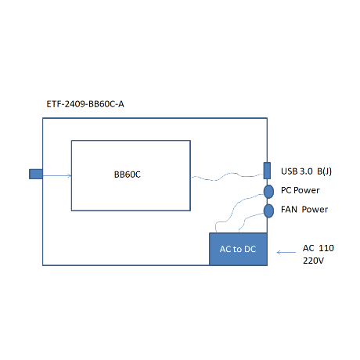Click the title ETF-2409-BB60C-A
85,104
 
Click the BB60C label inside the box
128,175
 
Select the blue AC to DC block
238,249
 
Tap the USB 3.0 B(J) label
306,171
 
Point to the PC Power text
300,190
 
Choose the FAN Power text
304,209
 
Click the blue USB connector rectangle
267,171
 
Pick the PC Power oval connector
268,192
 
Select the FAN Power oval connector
268,211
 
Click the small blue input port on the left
36,174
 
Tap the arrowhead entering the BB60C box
70,175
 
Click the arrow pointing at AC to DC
286,252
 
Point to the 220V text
313,261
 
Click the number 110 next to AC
326,248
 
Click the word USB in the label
289,171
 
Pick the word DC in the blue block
250,249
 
